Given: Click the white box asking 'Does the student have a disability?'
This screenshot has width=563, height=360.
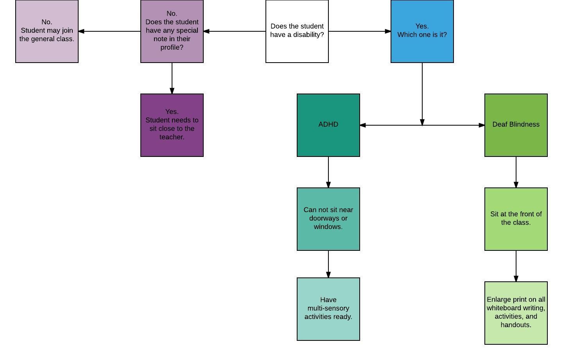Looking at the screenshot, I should pyautogui.click(x=297, y=31).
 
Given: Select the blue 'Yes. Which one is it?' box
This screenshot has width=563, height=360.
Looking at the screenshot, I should pyautogui.click(x=422, y=31).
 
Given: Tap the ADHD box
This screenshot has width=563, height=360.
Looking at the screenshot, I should pyautogui.click(x=328, y=125).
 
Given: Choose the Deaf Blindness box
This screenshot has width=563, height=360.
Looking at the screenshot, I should pyautogui.click(x=516, y=125).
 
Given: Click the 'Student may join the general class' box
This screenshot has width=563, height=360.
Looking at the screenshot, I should pyautogui.click(x=47, y=31).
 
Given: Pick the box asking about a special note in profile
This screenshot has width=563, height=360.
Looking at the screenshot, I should pyautogui.click(x=172, y=31).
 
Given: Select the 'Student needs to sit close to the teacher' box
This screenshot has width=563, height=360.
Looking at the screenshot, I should pyautogui.click(x=172, y=125).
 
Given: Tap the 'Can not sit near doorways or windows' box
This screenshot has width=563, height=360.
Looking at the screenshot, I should pyautogui.click(x=328, y=219).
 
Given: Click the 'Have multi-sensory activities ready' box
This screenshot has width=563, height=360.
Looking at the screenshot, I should pyautogui.click(x=328, y=309).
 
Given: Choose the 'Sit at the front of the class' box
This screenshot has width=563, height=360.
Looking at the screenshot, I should pyautogui.click(x=516, y=219).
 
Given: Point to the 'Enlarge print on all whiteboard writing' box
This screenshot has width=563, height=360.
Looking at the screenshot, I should pyautogui.click(x=516, y=313).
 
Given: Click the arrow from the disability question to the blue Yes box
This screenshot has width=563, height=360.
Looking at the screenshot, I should pyautogui.click(x=360, y=31).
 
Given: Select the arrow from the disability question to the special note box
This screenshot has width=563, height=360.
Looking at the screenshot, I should pyautogui.click(x=235, y=31).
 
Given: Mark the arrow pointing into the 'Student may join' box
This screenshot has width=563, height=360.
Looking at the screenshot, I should pyautogui.click(x=109, y=31).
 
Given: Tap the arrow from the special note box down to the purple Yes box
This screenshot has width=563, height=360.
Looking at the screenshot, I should pyautogui.click(x=172, y=78).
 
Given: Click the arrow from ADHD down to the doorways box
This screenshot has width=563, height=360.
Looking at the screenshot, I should pyautogui.click(x=328, y=172).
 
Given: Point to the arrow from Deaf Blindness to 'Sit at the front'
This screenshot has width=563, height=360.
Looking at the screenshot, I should pyautogui.click(x=516, y=172).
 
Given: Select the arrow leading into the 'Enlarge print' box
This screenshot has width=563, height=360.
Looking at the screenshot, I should pyautogui.click(x=516, y=266).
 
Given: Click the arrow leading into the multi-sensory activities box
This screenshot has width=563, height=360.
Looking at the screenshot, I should pyautogui.click(x=328, y=264).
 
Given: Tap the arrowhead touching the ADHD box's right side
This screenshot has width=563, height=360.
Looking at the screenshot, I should pyautogui.click(x=363, y=125).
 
